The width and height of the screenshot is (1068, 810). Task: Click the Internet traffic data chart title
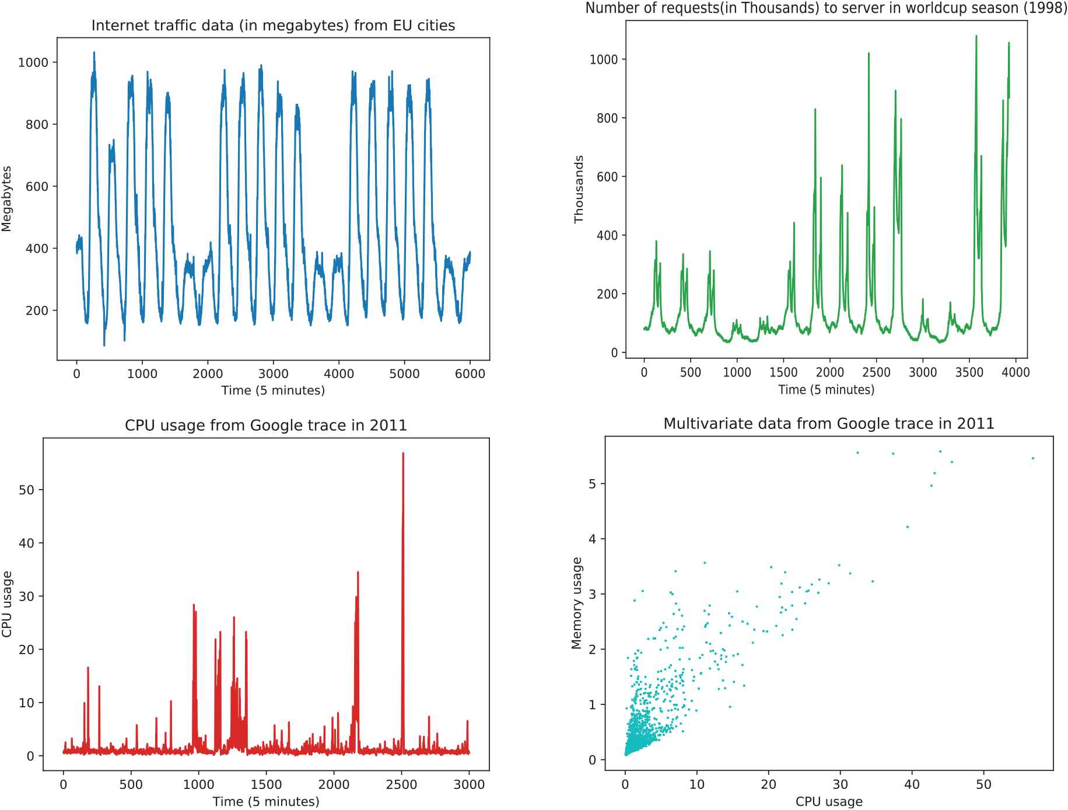pos(273,26)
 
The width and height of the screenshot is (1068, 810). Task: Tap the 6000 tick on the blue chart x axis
pos(470,374)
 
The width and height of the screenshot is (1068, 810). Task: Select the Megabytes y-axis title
pos(7,199)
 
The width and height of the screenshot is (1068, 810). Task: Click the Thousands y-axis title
pos(579,189)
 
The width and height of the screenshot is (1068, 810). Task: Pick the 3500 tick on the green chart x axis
pos(969,372)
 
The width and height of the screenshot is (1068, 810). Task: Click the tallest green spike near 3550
pos(976,37)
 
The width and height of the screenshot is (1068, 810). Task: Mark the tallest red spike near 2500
pos(403,454)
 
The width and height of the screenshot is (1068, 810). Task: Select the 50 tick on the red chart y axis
pos(27,490)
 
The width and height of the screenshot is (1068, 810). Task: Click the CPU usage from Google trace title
pos(265,425)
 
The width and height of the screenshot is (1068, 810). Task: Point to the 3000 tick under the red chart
pos(470,785)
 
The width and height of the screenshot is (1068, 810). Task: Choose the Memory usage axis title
pos(577,603)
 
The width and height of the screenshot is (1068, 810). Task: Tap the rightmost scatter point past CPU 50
pos(1032,459)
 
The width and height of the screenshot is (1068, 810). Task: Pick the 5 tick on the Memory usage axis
pos(593,484)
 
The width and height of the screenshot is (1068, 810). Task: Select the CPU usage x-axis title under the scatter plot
pos(828,801)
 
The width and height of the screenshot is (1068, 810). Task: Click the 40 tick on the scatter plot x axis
pos(912,784)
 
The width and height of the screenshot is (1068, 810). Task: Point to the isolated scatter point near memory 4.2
pos(907,527)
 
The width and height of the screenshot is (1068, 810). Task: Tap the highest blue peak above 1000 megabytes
pos(94,53)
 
